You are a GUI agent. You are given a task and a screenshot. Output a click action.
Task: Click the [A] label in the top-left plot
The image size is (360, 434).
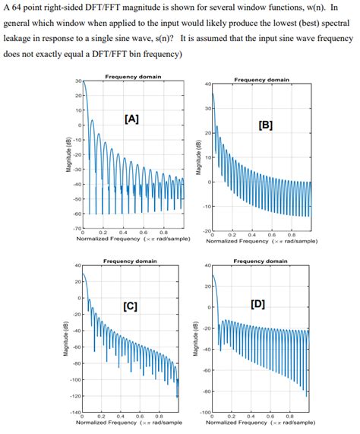[130, 119]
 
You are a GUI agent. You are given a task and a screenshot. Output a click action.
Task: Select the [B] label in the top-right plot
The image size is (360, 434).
[265, 125]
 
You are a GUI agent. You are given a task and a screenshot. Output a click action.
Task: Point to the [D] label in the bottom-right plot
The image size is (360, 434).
[257, 305]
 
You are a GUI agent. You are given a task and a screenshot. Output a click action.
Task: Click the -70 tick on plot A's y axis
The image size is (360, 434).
[76, 227]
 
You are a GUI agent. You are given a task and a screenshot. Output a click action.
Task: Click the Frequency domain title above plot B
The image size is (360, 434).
[261, 79]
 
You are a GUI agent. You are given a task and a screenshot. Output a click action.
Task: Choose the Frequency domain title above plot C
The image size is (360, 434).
[131, 261]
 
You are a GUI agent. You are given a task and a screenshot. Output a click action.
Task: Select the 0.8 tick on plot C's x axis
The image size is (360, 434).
[159, 417]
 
